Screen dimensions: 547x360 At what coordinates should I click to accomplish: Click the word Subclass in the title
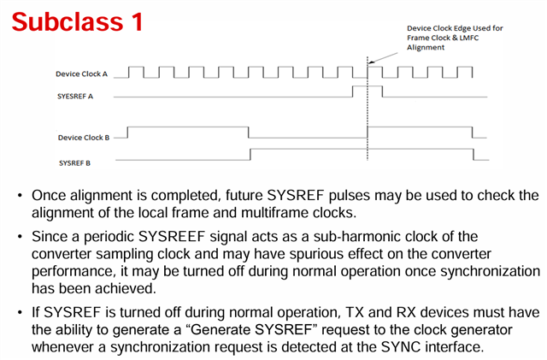[68, 21]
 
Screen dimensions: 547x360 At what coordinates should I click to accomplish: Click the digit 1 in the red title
[137, 21]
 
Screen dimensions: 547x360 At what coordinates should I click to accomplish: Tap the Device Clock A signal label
[82, 74]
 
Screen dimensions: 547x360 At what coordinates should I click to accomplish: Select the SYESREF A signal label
[75, 97]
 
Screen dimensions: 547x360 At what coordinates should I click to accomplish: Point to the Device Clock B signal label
[84, 138]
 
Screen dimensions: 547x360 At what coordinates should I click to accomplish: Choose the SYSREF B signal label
[74, 163]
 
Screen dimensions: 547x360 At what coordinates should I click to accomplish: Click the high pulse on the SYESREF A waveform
[368, 86]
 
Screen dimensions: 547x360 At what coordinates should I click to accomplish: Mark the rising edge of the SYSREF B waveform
[250, 154]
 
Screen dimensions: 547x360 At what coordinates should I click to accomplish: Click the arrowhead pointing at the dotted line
[371, 63]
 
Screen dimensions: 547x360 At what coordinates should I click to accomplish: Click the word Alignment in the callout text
[426, 48]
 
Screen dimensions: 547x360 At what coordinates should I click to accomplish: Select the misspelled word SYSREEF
[171, 237]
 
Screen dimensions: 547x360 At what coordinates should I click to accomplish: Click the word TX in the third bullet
[355, 312]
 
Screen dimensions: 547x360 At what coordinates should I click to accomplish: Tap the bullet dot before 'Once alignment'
[21, 196]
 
